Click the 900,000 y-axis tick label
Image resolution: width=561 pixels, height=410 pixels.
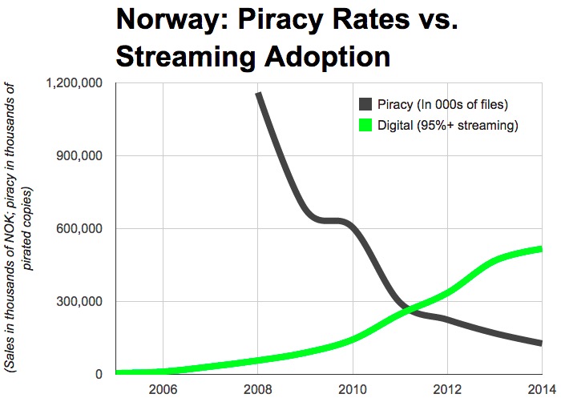(x=84, y=155)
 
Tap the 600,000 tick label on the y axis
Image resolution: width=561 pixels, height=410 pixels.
(x=84, y=228)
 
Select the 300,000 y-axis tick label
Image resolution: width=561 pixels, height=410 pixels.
(x=84, y=301)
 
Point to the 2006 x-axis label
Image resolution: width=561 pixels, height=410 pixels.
(x=163, y=392)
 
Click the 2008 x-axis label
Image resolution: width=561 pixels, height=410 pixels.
(x=257, y=392)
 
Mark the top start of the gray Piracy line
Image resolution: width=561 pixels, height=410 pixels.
(x=258, y=94)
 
